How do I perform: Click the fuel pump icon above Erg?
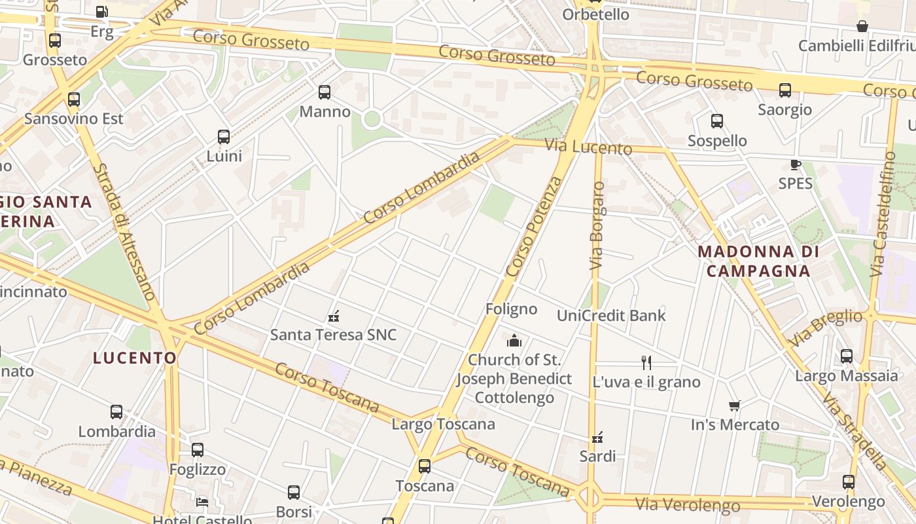click(x=101, y=11)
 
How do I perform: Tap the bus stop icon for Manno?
click(x=325, y=92)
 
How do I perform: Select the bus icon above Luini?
click(x=224, y=137)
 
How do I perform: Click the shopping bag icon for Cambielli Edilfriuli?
click(x=862, y=26)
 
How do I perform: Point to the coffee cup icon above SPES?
click(x=795, y=164)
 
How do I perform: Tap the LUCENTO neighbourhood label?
click(x=135, y=358)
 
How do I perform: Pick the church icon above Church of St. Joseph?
click(x=514, y=341)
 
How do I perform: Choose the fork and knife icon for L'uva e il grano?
click(x=646, y=362)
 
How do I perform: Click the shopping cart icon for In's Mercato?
click(x=735, y=406)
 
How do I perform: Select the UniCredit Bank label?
click(x=611, y=315)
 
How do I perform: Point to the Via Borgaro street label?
click(x=597, y=226)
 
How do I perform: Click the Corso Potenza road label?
click(x=534, y=227)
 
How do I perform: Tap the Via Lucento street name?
click(x=589, y=147)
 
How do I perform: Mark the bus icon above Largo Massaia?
click(x=847, y=356)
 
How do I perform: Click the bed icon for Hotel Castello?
click(x=202, y=502)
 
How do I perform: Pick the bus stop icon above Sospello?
click(x=717, y=121)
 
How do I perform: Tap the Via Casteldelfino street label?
click(x=882, y=214)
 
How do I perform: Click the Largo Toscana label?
click(x=443, y=424)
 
